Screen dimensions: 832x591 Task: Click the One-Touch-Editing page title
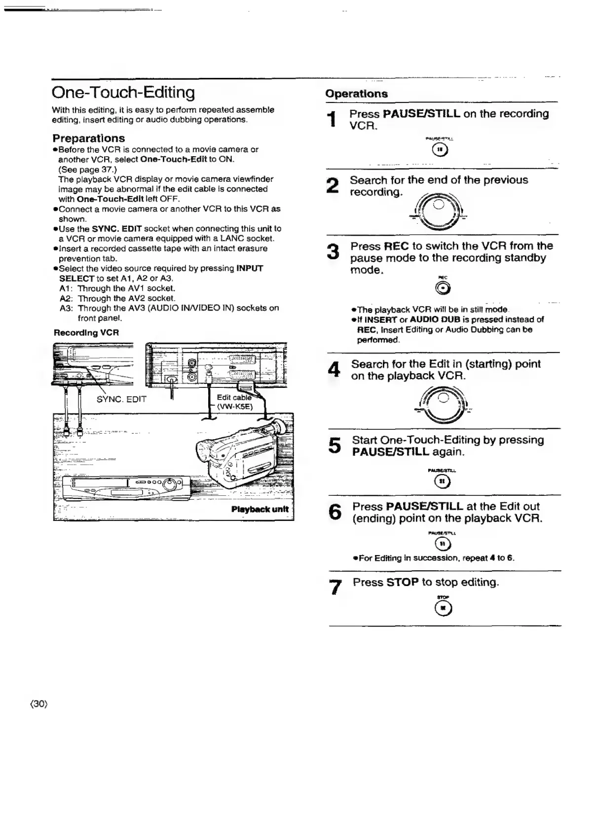(x=123, y=93)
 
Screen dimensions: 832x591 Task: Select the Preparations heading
(x=89, y=139)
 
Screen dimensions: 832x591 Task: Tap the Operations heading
(x=356, y=94)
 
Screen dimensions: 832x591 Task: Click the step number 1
(x=333, y=120)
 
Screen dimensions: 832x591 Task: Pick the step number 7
(x=335, y=587)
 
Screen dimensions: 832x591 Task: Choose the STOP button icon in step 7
(x=443, y=609)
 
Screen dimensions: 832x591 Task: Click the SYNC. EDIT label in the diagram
(x=121, y=399)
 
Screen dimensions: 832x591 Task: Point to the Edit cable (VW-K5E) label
(x=236, y=402)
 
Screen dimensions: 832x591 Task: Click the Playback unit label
(x=259, y=509)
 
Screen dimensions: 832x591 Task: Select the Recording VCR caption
(x=86, y=333)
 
